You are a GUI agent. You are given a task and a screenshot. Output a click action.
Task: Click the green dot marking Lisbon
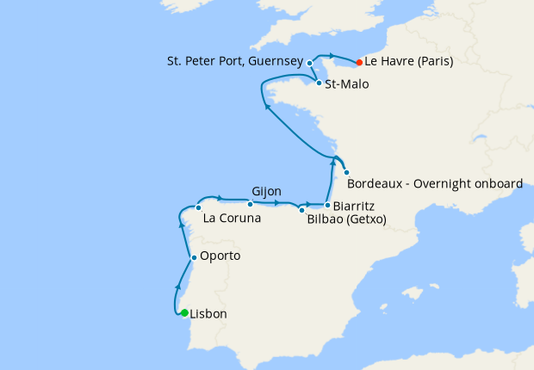[x=184, y=313]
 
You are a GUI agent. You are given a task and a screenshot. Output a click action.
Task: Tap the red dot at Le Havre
[x=358, y=62]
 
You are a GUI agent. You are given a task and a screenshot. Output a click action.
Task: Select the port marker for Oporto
[x=194, y=257]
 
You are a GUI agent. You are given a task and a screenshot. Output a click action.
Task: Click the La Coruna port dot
[x=198, y=207]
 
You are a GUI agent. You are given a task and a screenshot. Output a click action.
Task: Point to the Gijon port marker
[x=250, y=204]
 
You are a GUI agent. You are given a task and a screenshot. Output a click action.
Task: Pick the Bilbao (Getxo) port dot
[x=301, y=210]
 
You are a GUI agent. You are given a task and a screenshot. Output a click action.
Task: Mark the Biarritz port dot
[x=327, y=205]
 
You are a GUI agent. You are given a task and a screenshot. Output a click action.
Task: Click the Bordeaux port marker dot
[x=346, y=171]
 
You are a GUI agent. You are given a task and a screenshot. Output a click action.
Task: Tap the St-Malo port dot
[x=319, y=83]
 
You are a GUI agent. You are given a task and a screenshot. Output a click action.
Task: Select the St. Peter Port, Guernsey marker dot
[x=309, y=63]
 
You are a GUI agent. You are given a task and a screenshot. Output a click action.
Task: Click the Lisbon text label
[x=208, y=314]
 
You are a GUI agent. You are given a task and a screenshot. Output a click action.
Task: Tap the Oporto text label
[x=220, y=256]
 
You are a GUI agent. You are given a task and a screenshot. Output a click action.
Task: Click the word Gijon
[x=267, y=191]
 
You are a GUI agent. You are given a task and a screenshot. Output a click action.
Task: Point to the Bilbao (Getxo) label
[x=346, y=219]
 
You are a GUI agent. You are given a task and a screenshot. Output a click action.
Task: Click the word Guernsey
[x=275, y=62]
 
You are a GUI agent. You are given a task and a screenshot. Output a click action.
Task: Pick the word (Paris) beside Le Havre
[x=432, y=62]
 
